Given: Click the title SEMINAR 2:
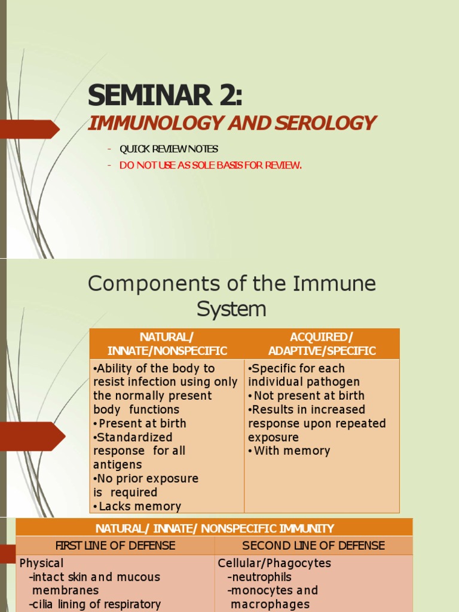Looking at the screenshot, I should coord(166,96).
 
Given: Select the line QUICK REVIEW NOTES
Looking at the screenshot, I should coord(169,149).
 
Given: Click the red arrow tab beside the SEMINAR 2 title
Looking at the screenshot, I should coord(33,129).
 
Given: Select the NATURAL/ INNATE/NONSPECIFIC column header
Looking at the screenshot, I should coord(167,344).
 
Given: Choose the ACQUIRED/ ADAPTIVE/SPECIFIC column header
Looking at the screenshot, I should coord(322,344).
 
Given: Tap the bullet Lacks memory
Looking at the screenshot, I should coord(137,506).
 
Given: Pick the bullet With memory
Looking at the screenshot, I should coord(289,451).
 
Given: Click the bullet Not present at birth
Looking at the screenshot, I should coord(306,396).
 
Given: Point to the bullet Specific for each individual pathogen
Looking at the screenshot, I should coord(304,375).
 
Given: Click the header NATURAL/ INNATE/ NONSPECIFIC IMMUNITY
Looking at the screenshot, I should coord(215,528).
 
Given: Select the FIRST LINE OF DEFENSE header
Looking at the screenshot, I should coord(115,546).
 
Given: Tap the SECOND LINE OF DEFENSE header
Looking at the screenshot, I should coord(313,546).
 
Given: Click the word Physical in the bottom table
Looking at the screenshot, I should coord(41,563).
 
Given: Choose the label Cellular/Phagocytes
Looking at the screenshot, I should coord(274,563).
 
